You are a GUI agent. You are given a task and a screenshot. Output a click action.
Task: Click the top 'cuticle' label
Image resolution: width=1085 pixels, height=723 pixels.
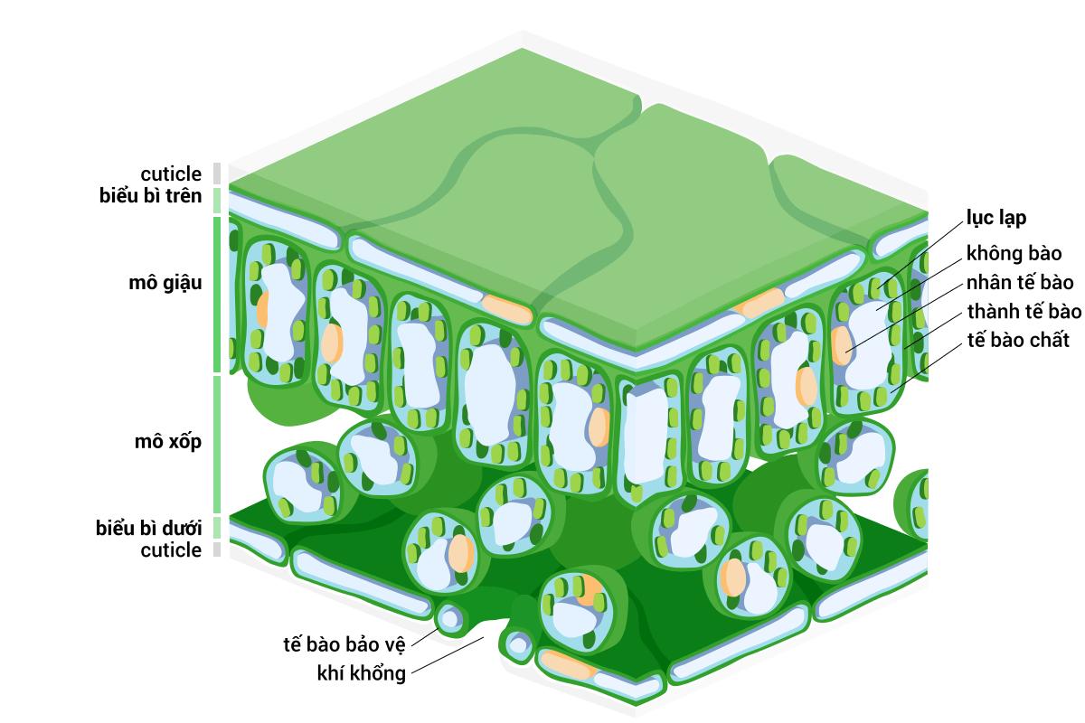tap(171, 174)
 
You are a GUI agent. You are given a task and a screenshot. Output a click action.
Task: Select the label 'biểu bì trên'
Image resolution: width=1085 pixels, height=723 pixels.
tap(150, 195)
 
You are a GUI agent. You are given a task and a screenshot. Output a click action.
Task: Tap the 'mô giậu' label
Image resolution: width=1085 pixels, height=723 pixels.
tap(165, 282)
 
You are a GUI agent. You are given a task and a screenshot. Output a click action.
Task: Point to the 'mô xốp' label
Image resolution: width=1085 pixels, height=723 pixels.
tap(167, 441)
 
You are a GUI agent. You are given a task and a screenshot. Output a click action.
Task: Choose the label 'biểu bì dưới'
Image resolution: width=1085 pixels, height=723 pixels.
tap(148, 528)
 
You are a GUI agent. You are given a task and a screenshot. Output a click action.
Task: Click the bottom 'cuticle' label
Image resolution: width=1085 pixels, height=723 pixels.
tap(171, 550)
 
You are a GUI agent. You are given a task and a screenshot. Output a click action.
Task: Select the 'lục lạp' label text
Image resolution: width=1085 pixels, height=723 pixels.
tap(995, 218)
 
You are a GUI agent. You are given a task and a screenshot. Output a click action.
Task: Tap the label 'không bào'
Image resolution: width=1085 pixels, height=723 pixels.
tap(1014, 253)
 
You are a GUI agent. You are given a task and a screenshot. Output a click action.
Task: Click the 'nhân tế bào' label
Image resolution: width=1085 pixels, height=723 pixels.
tap(1020, 282)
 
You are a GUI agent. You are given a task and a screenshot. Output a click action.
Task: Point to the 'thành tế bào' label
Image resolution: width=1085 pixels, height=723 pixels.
tap(1024, 311)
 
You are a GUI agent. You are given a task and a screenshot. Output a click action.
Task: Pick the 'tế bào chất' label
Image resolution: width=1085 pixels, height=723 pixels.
tap(1018, 340)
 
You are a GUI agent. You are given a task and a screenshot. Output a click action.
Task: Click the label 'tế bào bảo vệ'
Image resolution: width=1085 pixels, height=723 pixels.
tap(344, 644)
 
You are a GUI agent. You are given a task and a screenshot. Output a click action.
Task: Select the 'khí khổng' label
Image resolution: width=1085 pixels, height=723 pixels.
tap(362, 673)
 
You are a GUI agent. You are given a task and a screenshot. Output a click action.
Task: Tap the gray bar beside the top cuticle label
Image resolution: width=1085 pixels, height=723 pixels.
tap(217, 174)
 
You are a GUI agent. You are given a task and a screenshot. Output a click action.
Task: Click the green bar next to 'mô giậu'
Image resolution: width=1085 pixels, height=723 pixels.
tap(217, 295)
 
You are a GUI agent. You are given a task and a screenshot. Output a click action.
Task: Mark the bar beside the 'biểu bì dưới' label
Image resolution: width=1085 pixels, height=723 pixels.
tap(217, 528)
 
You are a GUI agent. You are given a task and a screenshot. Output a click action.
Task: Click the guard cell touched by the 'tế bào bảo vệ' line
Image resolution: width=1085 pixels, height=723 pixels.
tap(450, 619)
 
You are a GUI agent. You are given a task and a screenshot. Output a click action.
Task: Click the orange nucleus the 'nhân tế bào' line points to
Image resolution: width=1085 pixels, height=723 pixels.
tap(842, 345)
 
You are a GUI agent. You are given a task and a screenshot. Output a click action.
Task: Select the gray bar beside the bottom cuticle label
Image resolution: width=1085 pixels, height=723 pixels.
tap(217, 549)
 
